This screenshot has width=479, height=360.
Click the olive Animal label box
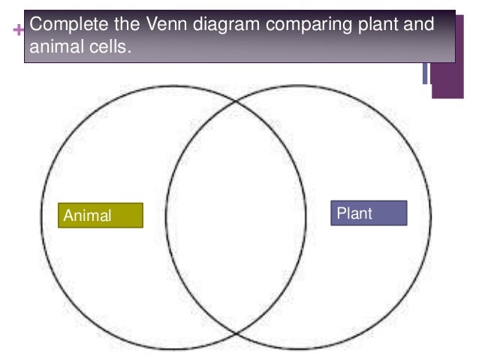point(100,215)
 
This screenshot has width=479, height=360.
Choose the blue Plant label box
point(369,213)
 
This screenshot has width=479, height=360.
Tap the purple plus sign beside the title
point(17,29)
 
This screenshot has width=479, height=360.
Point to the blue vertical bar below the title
point(425,72)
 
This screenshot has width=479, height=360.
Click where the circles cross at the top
point(236,101)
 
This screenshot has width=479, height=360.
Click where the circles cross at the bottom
point(236,333)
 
